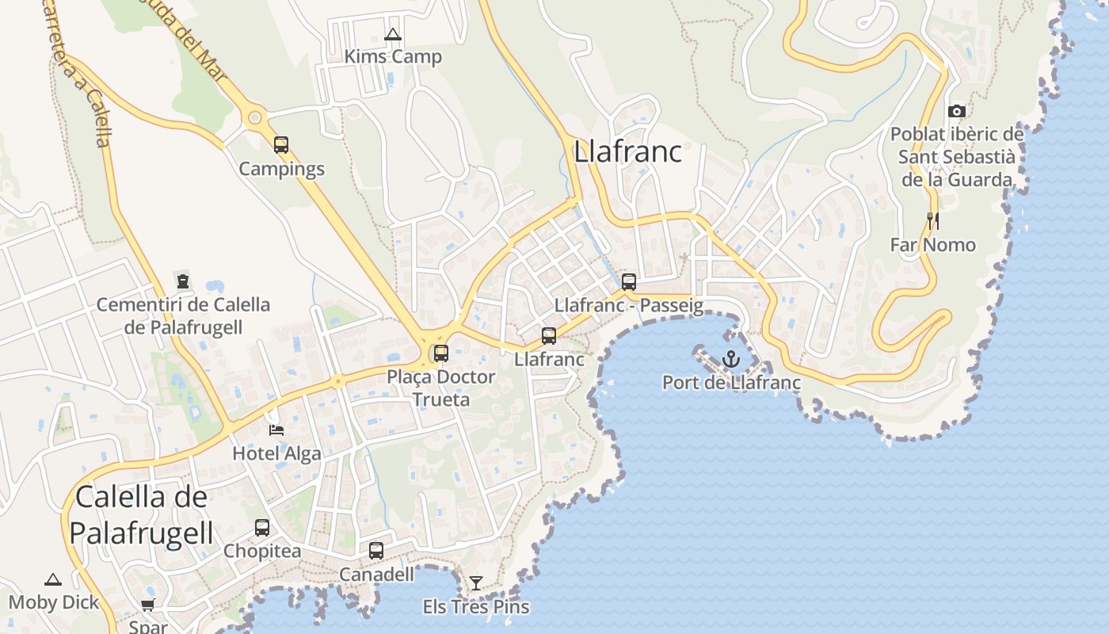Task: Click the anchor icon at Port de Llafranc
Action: click(x=730, y=359)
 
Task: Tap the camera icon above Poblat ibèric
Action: click(x=957, y=112)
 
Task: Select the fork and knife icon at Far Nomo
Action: click(x=932, y=221)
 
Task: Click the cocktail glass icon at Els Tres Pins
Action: click(x=475, y=583)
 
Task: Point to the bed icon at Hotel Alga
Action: click(x=276, y=430)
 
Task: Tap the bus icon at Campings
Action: click(x=281, y=145)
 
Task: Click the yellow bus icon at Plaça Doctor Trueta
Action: click(x=441, y=353)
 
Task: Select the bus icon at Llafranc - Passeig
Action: click(x=629, y=281)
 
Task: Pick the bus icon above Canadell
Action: click(x=376, y=550)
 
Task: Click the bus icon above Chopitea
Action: click(x=262, y=527)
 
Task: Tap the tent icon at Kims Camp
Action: click(x=392, y=35)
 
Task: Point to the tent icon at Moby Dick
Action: click(x=53, y=579)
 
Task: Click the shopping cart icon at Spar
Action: click(x=147, y=605)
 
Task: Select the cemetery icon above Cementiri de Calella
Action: click(x=183, y=281)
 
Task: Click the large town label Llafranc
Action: click(x=627, y=151)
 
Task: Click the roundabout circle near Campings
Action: click(x=254, y=118)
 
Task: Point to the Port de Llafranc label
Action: click(x=731, y=383)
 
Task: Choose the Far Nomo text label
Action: click(x=932, y=244)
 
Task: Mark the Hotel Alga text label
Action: click(x=276, y=453)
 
